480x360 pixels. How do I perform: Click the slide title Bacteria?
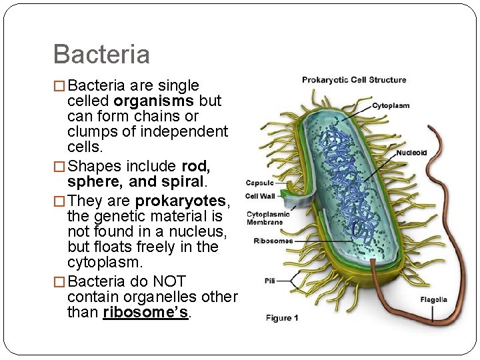(101, 54)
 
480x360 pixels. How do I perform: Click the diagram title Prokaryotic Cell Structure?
(353, 80)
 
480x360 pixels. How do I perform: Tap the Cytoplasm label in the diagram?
(390, 105)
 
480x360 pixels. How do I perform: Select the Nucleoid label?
(411, 153)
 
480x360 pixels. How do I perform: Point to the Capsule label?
(259, 183)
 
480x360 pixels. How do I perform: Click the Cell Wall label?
(261, 196)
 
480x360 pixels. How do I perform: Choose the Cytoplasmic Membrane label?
(268, 218)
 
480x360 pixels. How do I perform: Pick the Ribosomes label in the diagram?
(273, 241)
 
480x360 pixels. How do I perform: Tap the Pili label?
(269, 281)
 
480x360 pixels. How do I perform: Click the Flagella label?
(433, 299)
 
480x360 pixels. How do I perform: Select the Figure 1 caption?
(282, 318)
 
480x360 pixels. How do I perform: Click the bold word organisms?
(154, 101)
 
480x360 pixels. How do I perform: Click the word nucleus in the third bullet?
(200, 231)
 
